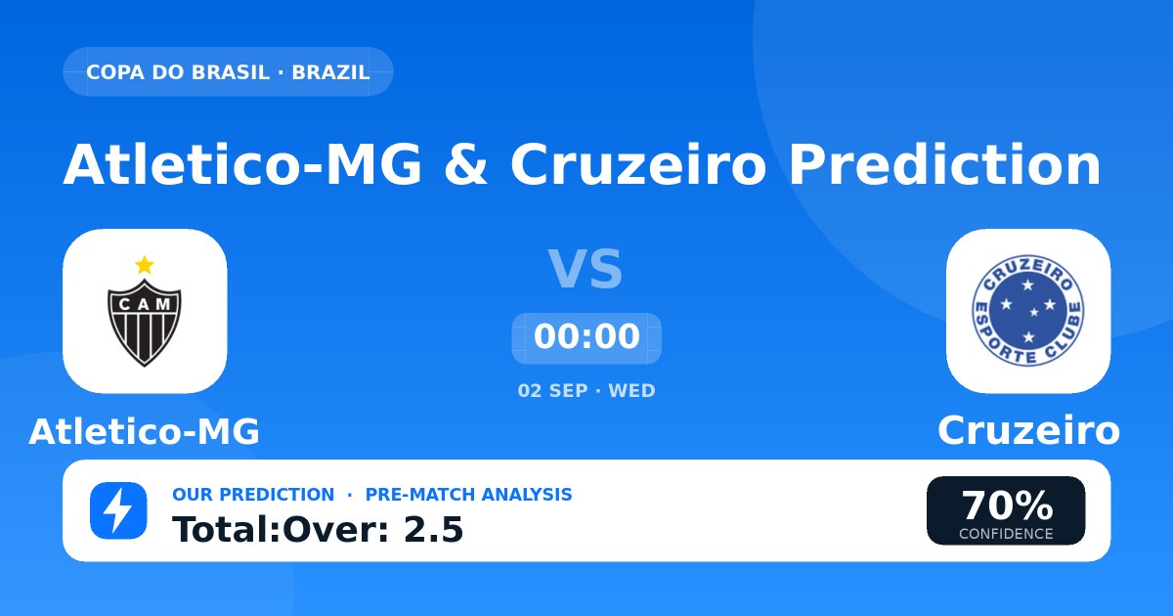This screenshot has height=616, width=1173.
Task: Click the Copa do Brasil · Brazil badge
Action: point(228,71)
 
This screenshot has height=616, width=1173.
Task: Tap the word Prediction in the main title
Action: point(944,164)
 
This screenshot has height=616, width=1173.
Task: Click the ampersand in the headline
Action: point(465,164)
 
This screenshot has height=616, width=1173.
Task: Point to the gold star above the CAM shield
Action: point(145,265)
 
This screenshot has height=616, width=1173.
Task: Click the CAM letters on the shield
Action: point(145,304)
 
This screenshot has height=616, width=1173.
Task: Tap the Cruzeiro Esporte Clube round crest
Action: point(1028,311)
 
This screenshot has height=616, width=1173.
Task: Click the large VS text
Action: point(586,269)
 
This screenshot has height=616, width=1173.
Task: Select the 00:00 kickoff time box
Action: point(586,338)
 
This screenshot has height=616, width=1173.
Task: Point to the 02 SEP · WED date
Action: point(586,391)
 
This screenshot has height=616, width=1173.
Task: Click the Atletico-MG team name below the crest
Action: point(145,431)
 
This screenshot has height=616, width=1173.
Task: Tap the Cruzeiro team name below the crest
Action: point(1028,430)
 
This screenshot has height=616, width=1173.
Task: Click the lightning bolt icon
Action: point(118,510)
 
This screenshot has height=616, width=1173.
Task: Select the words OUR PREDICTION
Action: point(253,495)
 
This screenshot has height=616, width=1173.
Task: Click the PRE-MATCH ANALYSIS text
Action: point(468,495)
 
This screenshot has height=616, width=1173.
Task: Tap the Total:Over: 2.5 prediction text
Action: point(318,529)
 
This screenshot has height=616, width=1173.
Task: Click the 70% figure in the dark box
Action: point(1007,506)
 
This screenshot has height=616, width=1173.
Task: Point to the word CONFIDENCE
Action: point(1006,534)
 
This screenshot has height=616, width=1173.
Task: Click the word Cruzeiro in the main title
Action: point(638,164)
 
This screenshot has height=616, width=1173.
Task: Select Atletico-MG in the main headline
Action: point(242,164)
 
